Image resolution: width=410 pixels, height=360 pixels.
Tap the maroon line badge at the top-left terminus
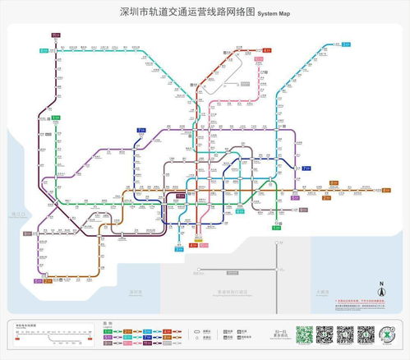tap(56, 35)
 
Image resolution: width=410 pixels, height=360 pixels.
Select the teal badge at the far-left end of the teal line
tap(44, 51)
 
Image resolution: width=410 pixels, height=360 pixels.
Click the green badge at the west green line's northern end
tap(56, 118)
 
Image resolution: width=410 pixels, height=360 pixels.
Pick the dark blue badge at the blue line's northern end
tap(141, 131)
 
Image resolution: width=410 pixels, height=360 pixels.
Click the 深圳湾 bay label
tap(136, 292)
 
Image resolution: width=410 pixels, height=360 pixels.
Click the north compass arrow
tap(381, 288)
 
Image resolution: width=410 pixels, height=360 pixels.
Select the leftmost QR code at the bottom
tap(305, 335)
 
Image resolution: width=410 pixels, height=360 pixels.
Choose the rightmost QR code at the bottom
tap(366, 335)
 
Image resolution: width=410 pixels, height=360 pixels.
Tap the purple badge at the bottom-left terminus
tap(37, 281)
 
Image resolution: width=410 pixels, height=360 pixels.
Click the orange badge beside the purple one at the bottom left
tap(48, 281)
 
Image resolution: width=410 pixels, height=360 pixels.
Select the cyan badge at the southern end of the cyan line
tap(179, 248)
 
